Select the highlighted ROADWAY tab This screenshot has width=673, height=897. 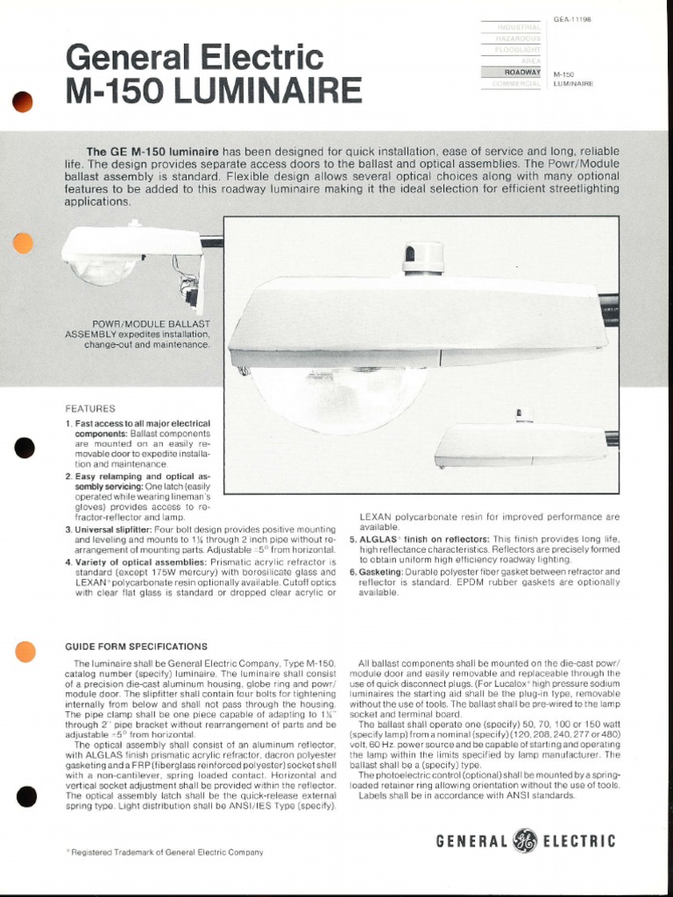click(x=522, y=72)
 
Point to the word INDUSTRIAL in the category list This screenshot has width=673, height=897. click(x=518, y=28)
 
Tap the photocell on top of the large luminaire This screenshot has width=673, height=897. click(x=423, y=258)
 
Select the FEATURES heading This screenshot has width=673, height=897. click(x=90, y=409)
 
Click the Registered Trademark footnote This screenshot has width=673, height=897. click(x=165, y=851)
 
